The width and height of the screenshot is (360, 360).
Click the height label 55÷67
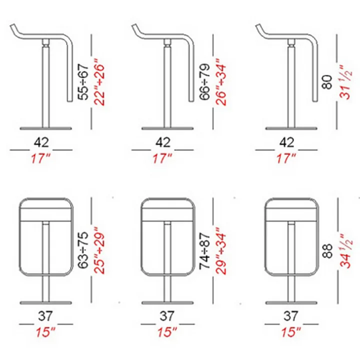(x=83, y=82)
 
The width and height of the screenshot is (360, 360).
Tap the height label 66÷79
(x=205, y=82)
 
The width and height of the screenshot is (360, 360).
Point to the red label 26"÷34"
(x=221, y=82)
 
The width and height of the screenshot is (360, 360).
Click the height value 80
(x=327, y=82)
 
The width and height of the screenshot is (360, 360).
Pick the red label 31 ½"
(x=346, y=82)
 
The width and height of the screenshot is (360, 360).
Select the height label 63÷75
(x=83, y=250)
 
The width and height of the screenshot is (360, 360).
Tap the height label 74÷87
(x=205, y=251)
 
